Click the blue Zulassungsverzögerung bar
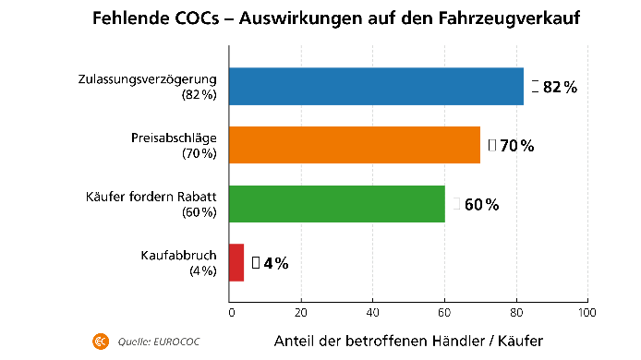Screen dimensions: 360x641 click(x=376, y=87)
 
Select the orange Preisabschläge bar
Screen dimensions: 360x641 click(x=355, y=145)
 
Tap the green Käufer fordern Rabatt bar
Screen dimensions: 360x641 click(x=337, y=204)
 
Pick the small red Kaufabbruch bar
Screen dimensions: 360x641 click(x=236, y=262)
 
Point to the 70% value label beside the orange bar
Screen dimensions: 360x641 click(x=516, y=145)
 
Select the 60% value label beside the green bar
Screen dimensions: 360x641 click(x=481, y=204)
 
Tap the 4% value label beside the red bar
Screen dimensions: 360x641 click(x=275, y=263)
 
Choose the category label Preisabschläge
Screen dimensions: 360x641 click(x=174, y=138)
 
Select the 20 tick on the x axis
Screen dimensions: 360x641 click(x=301, y=313)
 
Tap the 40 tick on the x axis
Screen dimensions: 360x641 click(x=373, y=313)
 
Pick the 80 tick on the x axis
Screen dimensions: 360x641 click(x=516, y=313)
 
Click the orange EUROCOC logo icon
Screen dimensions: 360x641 click(x=100, y=342)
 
